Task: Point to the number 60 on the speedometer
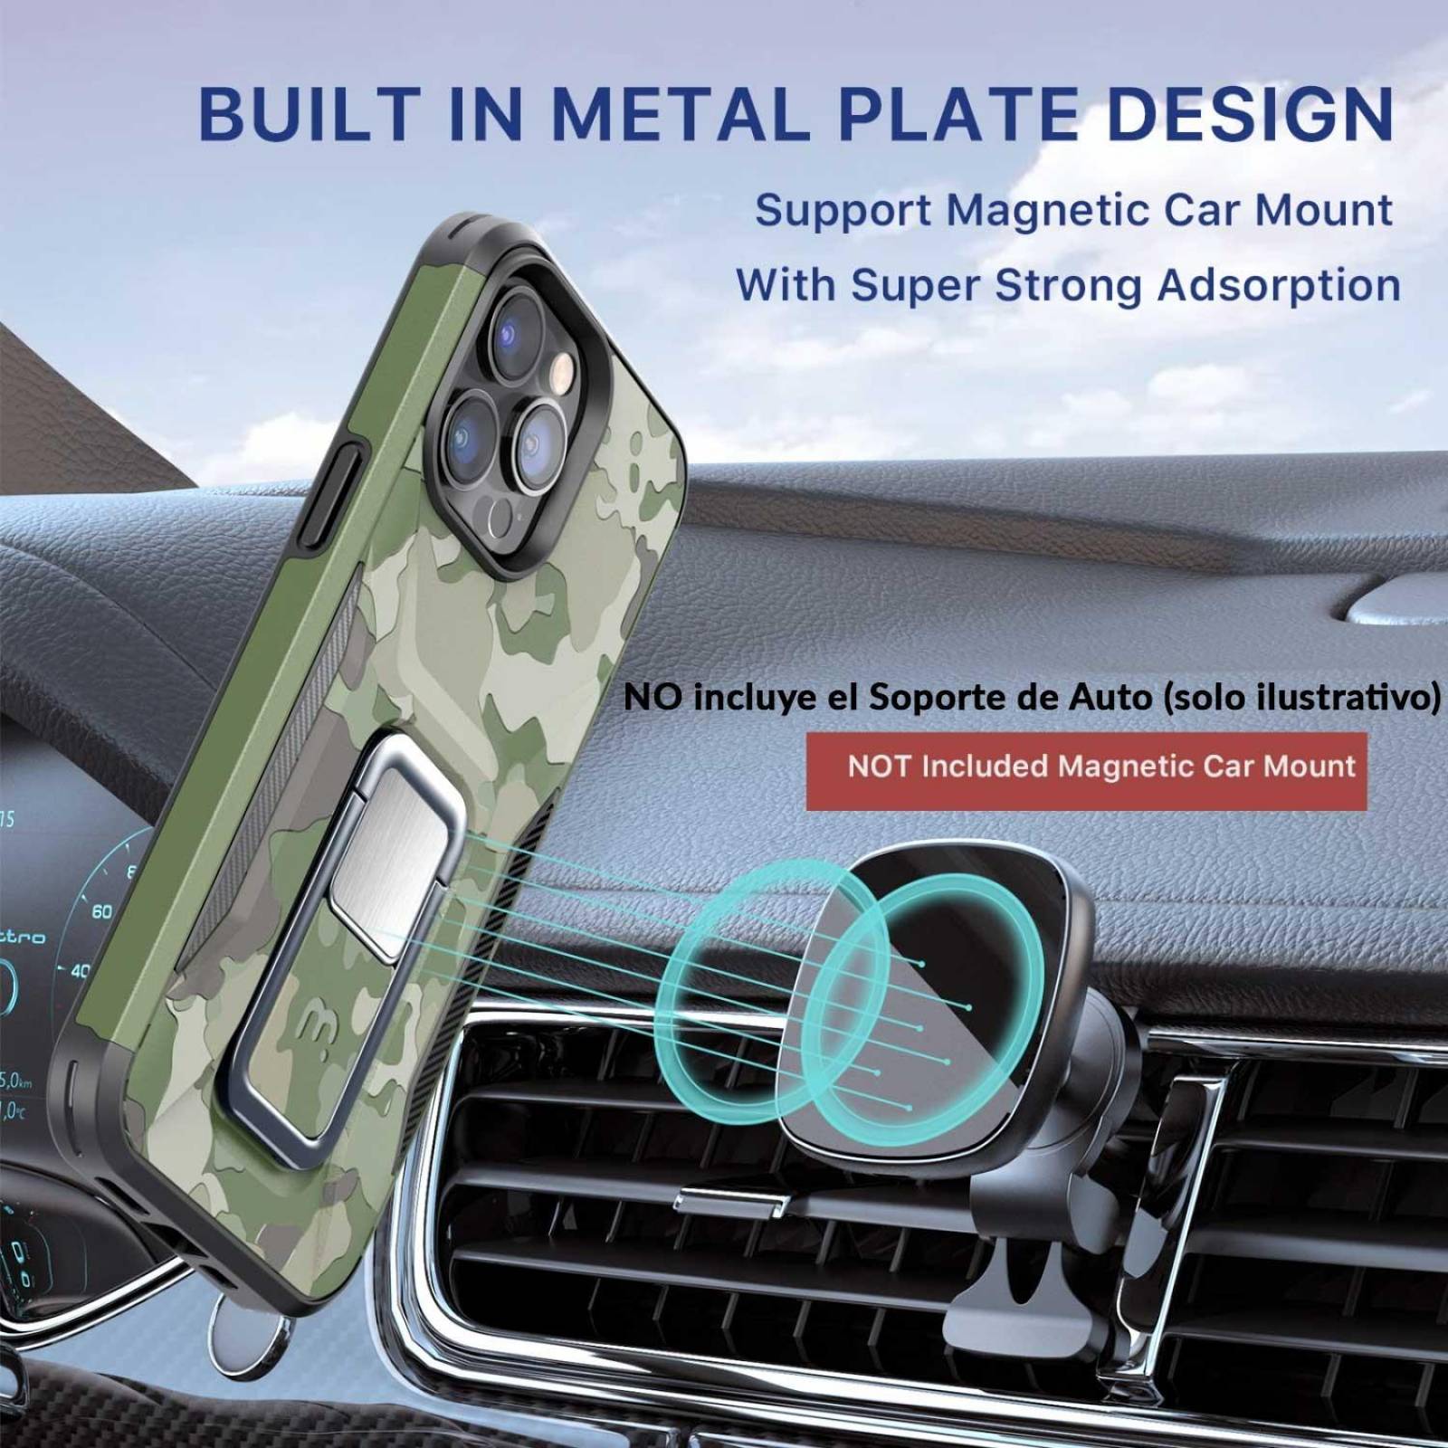point(102,911)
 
